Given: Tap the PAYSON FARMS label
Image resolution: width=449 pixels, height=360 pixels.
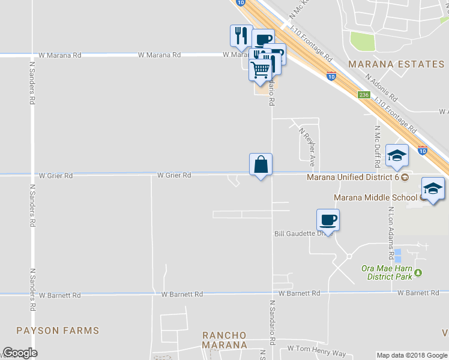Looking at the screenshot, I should [58, 331].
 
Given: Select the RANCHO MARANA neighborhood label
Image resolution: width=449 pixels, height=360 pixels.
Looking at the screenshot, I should [224, 340].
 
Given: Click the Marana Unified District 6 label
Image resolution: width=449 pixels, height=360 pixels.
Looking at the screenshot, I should [353, 177].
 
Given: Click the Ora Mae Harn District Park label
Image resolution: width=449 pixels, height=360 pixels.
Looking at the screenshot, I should [387, 272].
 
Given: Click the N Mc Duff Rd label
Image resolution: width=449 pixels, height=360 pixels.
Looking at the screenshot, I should [377, 147].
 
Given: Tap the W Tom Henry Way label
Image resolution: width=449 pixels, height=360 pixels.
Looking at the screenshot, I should [316, 348].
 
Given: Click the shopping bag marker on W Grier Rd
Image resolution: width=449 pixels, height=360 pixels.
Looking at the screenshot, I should [261, 164].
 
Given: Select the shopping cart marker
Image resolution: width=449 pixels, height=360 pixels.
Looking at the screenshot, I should [260, 69].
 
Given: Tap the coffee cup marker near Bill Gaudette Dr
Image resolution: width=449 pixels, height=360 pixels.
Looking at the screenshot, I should [328, 220].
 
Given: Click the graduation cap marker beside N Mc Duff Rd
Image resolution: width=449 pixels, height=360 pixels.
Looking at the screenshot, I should [397, 155].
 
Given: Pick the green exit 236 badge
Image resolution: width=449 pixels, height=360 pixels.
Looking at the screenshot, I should [363, 95].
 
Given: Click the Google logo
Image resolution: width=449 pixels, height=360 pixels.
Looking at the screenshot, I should [19, 353].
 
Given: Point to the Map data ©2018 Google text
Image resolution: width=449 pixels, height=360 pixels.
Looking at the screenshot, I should [412, 355].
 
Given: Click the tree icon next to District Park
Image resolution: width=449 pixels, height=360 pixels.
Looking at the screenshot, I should [419, 272].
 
